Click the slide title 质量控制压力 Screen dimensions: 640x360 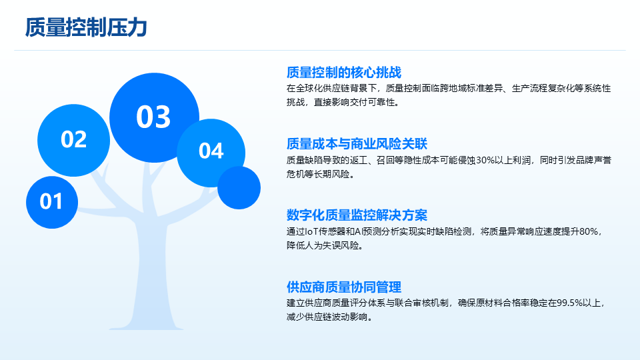(x=86, y=28)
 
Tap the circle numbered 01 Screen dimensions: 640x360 (x=52, y=202)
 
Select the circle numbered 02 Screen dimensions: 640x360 (x=73, y=140)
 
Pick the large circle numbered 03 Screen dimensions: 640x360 (x=154, y=117)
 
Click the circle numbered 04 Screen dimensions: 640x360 (x=211, y=153)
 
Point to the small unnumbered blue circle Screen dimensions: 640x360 (x=239, y=188)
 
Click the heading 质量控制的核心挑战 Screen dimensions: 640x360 (x=344, y=72)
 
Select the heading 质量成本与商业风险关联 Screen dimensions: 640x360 (x=357, y=144)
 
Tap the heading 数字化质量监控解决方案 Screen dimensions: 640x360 (x=357, y=215)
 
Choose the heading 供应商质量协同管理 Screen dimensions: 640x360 (x=344, y=287)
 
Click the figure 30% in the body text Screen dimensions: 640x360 (x=485, y=161)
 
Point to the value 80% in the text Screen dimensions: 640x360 (x=589, y=232)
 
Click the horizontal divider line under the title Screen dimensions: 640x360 (x=320, y=50)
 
